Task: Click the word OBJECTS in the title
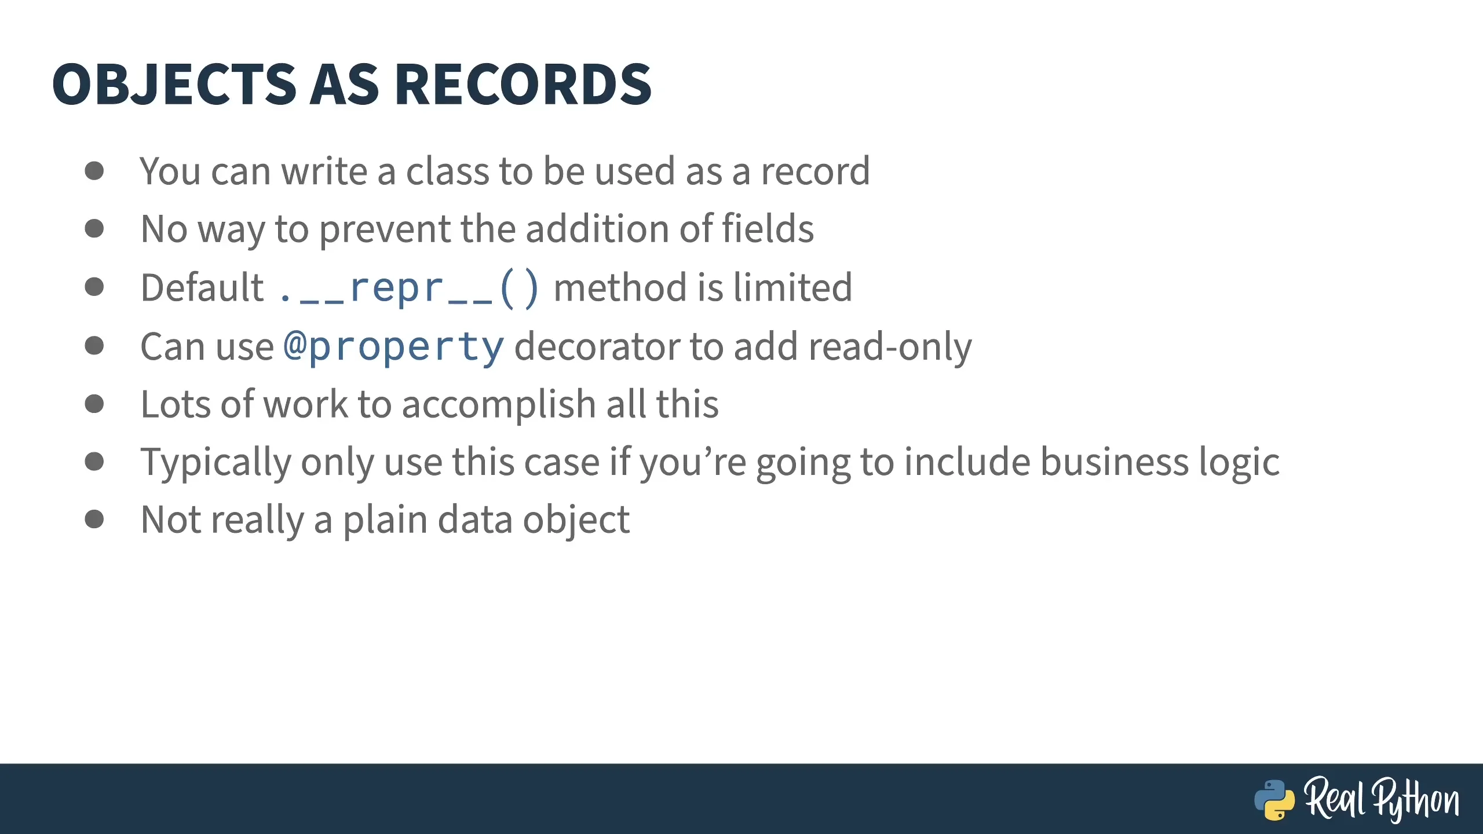pyautogui.click(x=174, y=85)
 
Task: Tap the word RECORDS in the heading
pyautogui.click(x=524, y=85)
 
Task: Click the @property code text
pyautogui.click(x=394, y=347)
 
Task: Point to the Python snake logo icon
pyautogui.click(x=1274, y=800)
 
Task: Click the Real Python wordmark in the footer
pyautogui.click(x=1382, y=799)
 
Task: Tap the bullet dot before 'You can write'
pyautogui.click(x=94, y=171)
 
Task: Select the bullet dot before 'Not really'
pyautogui.click(x=94, y=519)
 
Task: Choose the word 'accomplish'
pyautogui.click(x=499, y=404)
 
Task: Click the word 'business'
pyautogui.click(x=1115, y=462)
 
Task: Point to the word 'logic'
pyautogui.click(x=1240, y=463)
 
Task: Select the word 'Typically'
pyautogui.click(x=215, y=463)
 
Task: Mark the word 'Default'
pyautogui.click(x=202, y=287)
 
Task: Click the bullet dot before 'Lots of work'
pyautogui.click(x=94, y=404)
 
